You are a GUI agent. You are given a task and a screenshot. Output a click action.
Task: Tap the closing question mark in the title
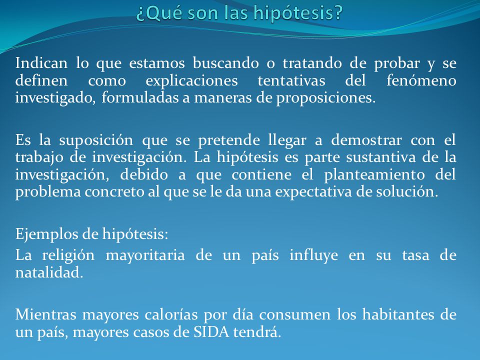tap(338, 13)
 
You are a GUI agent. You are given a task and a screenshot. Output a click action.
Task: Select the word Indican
tap(41, 63)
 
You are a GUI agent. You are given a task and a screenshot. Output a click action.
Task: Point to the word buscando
tap(225, 63)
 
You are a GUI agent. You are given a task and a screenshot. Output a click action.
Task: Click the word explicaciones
tap(191, 81)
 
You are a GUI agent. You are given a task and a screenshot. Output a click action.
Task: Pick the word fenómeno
tap(421, 80)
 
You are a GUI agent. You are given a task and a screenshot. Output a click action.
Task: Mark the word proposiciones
tap(325, 98)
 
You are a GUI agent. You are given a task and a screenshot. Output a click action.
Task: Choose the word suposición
tap(96, 140)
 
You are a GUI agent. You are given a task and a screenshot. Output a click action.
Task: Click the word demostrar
tap(366, 140)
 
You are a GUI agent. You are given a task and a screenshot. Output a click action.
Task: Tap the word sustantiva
tap(381, 157)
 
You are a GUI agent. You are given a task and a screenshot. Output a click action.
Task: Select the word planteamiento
tap(374, 175)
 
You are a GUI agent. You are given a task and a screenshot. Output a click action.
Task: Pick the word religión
tap(68, 255)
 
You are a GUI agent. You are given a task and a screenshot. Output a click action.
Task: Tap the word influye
tap(314, 255)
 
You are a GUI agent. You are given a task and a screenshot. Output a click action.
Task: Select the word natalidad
tap(49, 272)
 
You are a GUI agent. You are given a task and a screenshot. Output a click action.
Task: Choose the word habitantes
tap(398, 314)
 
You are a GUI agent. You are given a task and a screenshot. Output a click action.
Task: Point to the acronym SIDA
tap(211, 332)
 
